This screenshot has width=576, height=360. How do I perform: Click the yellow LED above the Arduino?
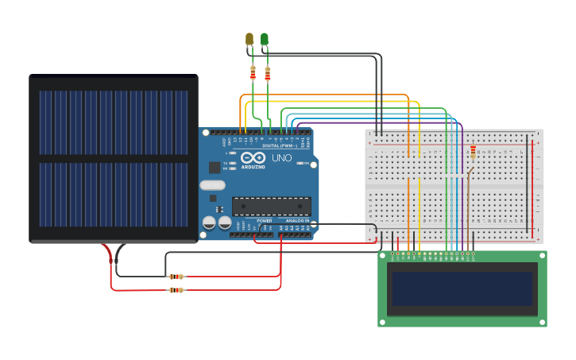pos(249,38)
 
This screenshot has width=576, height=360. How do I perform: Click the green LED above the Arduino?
pos(265,38)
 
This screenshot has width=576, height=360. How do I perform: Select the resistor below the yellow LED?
pos(253,73)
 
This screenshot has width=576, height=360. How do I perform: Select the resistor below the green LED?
pos(268,74)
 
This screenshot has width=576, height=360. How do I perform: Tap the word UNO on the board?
pos(282,158)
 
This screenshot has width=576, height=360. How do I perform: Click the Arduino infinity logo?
pos(252,158)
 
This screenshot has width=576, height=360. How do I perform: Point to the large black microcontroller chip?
pos(271,206)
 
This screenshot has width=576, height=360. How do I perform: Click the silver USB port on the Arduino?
pos(212,185)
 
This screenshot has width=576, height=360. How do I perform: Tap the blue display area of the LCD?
pos(461,288)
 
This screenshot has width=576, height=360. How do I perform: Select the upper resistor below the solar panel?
pos(176,277)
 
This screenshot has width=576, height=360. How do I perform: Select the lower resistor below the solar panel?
pos(176,290)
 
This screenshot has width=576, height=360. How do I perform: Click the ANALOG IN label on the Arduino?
pos(296,220)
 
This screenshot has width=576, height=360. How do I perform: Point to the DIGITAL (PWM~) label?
pos(279,145)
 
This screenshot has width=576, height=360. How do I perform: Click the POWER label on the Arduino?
pos(264,220)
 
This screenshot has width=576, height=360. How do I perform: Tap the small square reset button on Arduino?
pos(215,167)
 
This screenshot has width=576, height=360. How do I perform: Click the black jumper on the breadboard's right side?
pos(527,183)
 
